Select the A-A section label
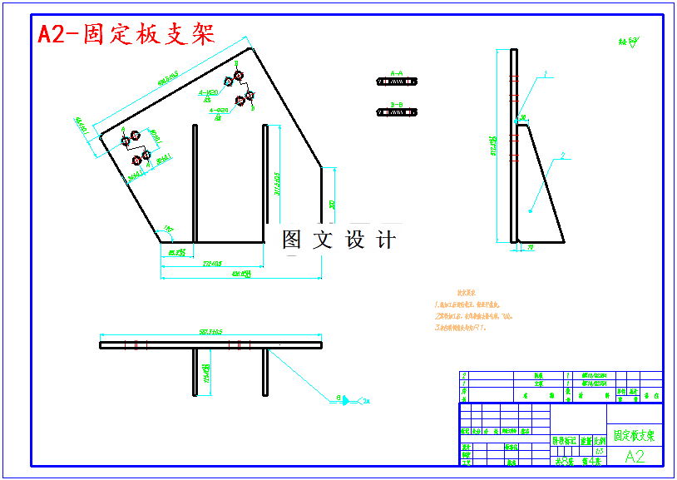coord(396,74)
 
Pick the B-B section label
coord(396,105)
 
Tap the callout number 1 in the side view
coord(546,74)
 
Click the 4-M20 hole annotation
coord(214,92)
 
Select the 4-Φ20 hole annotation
coord(220,110)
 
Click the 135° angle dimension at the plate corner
coord(169,228)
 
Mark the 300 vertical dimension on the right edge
coord(332,204)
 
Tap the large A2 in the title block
coord(635,456)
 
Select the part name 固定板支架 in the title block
coord(635,435)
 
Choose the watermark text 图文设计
coord(338,240)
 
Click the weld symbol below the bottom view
coord(343,401)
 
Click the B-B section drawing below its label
coord(397,112)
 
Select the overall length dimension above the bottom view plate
coord(211,333)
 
